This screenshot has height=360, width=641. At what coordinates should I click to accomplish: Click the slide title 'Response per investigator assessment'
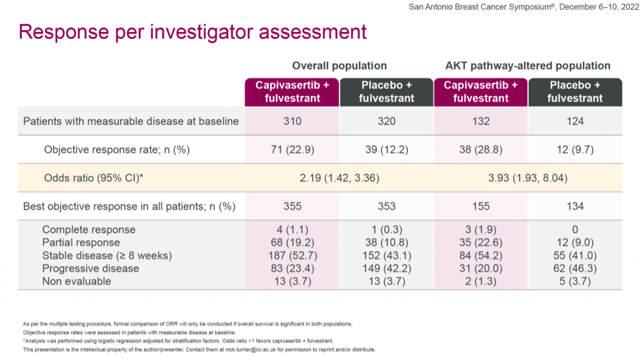193,31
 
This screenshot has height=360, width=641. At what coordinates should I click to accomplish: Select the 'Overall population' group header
339,66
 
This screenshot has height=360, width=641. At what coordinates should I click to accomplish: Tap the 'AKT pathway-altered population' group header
528,66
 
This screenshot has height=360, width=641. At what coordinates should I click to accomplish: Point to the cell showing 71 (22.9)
292,150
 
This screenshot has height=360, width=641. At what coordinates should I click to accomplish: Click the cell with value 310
292,122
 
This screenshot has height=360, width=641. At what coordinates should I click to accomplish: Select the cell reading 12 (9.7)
575,150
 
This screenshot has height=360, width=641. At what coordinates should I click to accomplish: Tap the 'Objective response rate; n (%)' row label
117,150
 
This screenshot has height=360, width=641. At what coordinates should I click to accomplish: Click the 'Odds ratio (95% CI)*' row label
94,178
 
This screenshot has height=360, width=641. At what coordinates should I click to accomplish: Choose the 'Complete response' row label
88,230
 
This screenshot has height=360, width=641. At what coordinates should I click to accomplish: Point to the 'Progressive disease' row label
90,268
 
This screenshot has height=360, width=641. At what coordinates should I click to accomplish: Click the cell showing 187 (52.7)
292,256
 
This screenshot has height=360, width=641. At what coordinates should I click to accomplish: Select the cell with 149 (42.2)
386,268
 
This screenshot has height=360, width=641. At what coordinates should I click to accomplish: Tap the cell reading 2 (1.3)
481,281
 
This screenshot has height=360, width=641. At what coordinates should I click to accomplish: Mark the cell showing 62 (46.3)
575,268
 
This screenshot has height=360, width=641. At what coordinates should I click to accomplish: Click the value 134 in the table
575,206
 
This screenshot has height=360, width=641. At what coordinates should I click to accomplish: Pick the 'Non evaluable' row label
77,281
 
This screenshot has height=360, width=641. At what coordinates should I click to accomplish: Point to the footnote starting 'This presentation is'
199,350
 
